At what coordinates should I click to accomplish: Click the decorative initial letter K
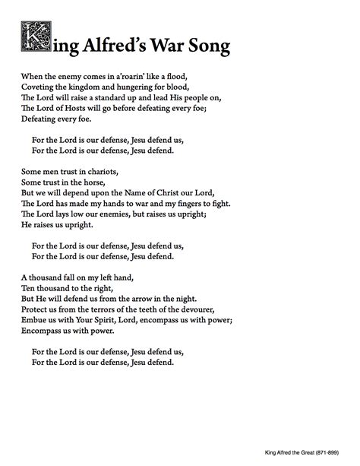point(31,38)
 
